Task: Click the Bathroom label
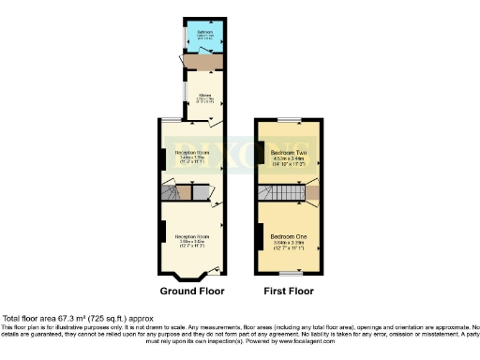(203, 33)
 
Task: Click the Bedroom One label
(287, 235)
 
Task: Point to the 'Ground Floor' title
(191, 292)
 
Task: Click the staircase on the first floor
(278, 194)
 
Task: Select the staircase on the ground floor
(171, 192)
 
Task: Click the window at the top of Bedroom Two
(289, 119)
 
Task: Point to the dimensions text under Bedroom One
(287, 247)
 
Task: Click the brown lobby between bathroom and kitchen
(203, 61)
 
